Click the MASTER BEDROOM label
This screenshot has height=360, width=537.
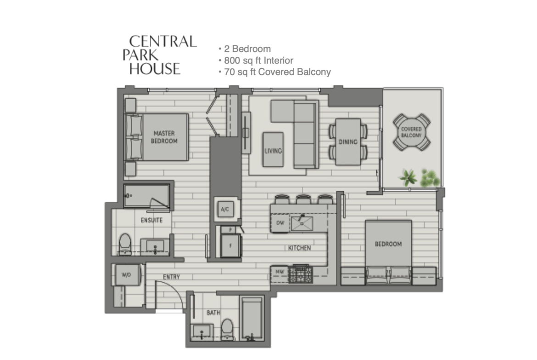pos(164,137)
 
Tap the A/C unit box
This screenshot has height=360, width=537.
pos(225,209)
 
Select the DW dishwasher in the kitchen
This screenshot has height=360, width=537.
pos(280,223)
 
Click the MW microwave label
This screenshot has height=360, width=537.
pos(280,271)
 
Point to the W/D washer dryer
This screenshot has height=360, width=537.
pos(126,274)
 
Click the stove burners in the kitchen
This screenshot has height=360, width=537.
pos(300,274)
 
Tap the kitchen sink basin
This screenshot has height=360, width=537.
pos(302,223)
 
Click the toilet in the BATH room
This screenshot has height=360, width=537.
pos(227,329)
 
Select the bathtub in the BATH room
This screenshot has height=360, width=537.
pos(252,318)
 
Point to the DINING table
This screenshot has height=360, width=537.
pos(348,142)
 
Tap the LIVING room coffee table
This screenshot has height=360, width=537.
pos(273,150)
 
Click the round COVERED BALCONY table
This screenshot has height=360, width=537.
pos(411,132)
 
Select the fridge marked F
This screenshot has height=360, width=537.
pos(230,245)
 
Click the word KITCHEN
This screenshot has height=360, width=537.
pos(300,248)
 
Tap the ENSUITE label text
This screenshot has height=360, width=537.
pos(152,220)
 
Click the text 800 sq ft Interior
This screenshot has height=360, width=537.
pos(258,61)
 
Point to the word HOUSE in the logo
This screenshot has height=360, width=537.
pos(155,69)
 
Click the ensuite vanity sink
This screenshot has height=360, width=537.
pos(155,246)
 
